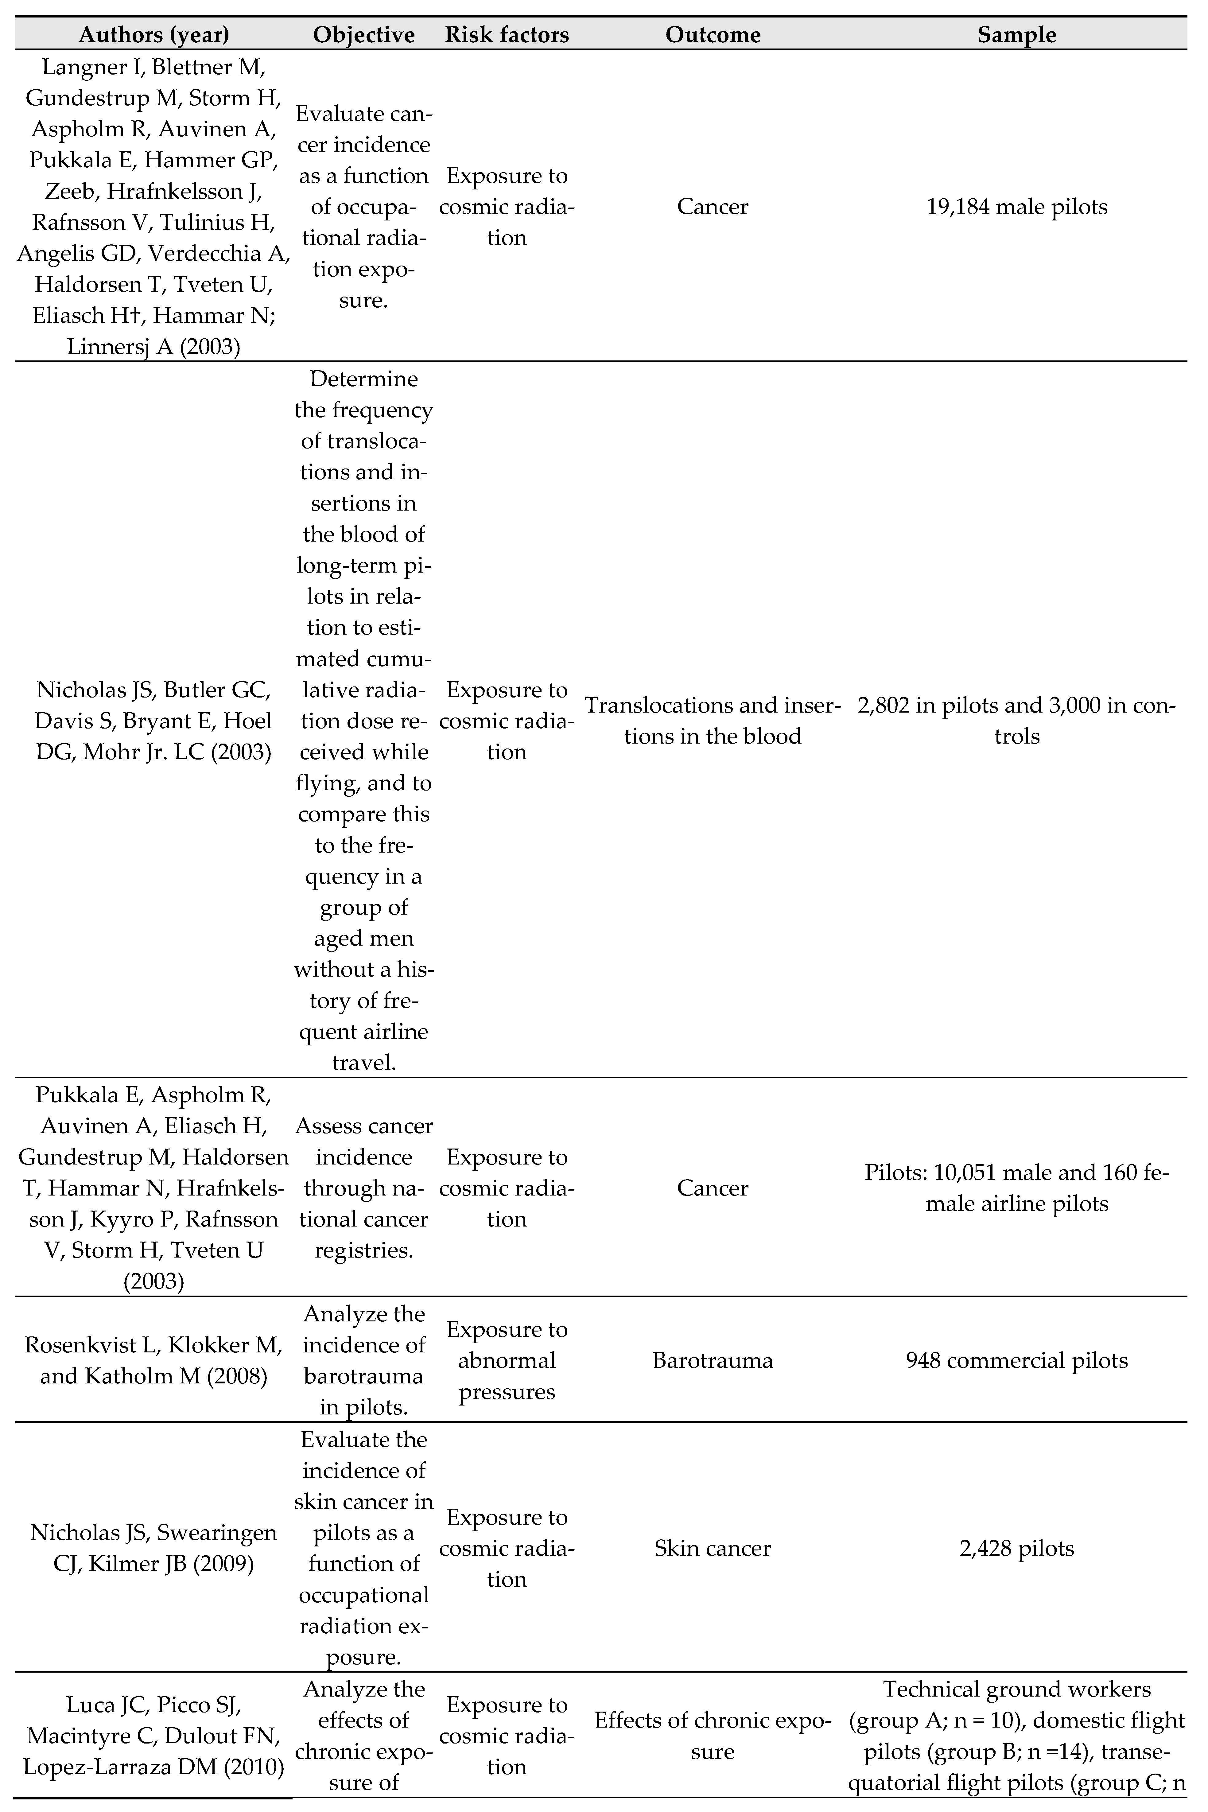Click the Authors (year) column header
tap(154, 35)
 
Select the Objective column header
tap(364, 35)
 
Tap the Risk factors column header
tap(507, 35)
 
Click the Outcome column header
tap(713, 35)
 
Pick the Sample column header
tap(1017, 35)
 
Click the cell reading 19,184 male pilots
tap(1017, 207)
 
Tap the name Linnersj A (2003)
tap(154, 347)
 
